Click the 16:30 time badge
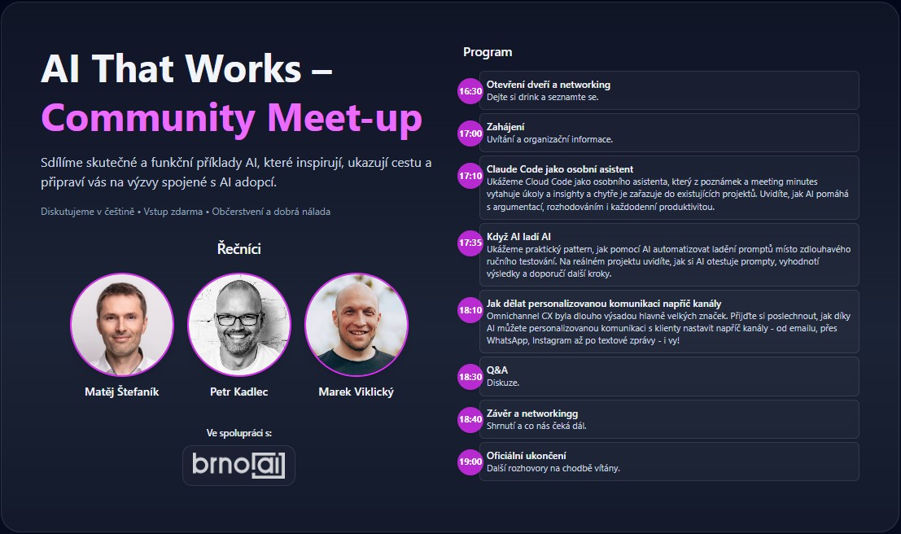pos(470,91)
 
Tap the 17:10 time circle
pos(470,176)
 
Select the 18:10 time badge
pos(470,310)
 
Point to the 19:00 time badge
pos(470,462)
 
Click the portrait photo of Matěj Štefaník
pos(122,324)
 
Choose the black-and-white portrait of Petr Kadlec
pos(239,324)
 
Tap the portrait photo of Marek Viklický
pos(356,324)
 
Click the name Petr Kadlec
pos(239,392)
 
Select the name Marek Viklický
pos(356,392)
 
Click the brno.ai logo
pos(238,465)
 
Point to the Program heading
pos(488,52)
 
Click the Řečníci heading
pos(239,249)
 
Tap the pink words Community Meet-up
pos(232,119)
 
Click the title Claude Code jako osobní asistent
pos(560,169)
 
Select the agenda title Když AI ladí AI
pos(518,236)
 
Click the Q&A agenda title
pos(497,370)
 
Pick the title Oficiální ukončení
pos(527,456)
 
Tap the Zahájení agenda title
pos(505,127)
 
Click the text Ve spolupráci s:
pos(239,433)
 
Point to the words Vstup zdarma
pos(173,212)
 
